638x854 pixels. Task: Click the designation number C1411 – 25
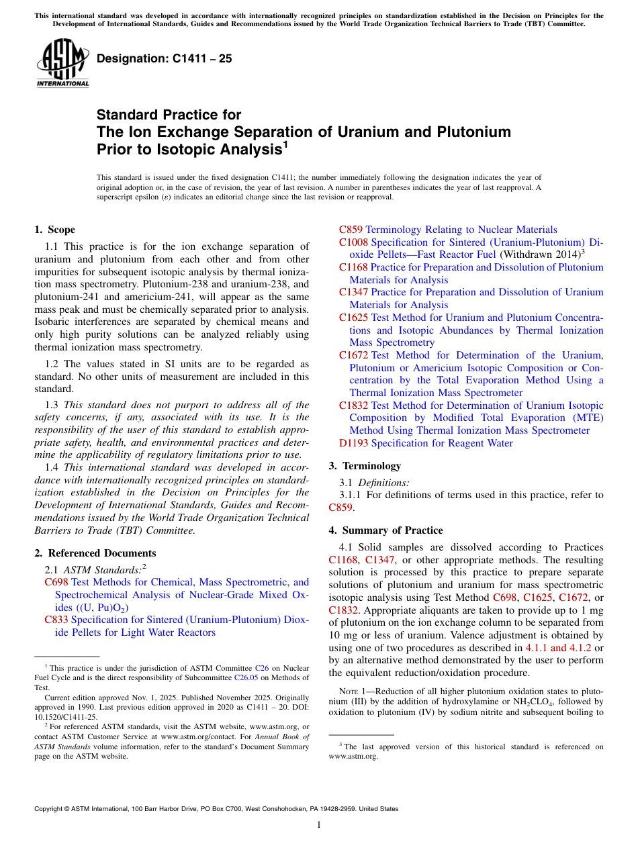tap(165, 58)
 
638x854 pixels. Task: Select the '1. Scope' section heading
tap(55, 230)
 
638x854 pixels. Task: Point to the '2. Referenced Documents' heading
tap(95, 553)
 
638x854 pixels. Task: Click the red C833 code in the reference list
tap(56, 620)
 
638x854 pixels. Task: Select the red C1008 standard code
tap(353, 242)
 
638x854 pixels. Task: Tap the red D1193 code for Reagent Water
tap(353, 443)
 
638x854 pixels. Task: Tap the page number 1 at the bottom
tap(319, 824)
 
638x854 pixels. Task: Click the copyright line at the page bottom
tap(216, 809)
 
